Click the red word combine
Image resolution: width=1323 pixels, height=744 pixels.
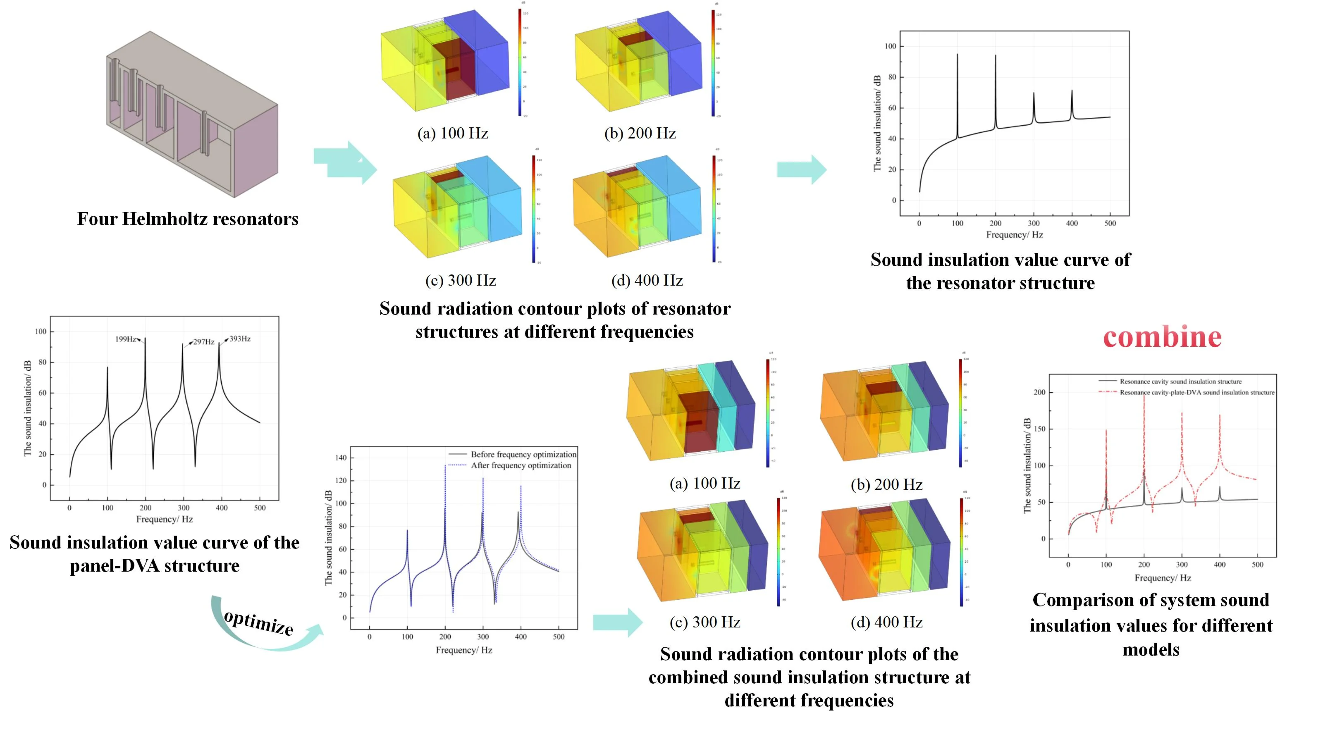click(x=1162, y=337)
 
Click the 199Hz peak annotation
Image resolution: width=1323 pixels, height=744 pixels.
click(x=126, y=339)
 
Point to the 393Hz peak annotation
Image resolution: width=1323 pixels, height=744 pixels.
click(x=239, y=339)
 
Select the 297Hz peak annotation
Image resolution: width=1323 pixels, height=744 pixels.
click(x=203, y=342)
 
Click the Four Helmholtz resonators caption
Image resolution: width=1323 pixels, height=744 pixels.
click(x=187, y=219)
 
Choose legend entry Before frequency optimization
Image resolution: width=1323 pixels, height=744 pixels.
click(x=523, y=454)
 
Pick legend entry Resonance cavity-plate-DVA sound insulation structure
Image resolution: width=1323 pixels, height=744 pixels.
click(x=1196, y=392)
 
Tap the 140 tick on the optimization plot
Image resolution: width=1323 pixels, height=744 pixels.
click(x=341, y=458)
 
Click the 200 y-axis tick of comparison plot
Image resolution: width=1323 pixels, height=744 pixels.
click(x=1039, y=392)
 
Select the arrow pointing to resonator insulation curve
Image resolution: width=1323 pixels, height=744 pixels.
click(x=802, y=169)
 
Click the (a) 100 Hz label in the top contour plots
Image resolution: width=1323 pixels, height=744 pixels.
click(x=452, y=134)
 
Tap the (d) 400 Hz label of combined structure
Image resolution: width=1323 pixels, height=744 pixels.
click(x=886, y=622)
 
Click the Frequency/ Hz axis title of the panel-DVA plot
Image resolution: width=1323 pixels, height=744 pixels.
click(x=165, y=519)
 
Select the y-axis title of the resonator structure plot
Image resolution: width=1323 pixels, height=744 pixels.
click(x=877, y=123)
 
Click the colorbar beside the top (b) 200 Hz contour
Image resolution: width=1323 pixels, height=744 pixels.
click(x=713, y=63)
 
